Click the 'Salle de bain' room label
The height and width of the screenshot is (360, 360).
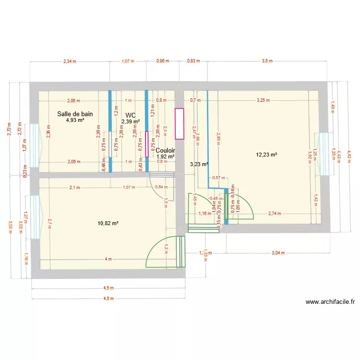click(x=75, y=114)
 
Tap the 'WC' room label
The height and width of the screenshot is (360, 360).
click(x=130, y=116)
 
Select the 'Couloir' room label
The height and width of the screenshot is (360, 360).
click(x=165, y=150)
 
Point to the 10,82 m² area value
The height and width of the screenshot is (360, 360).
click(x=108, y=223)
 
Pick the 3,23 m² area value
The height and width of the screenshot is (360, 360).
click(x=199, y=164)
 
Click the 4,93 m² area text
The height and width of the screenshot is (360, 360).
click(x=75, y=120)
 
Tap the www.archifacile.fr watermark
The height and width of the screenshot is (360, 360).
click(x=330, y=302)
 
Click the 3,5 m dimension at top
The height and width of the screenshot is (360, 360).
click(x=267, y=61)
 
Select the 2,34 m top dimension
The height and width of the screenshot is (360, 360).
click(x=70, y=61)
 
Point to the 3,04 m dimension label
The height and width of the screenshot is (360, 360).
click(x=278, y=252)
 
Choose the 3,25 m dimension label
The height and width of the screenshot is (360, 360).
click(x=263, y=100)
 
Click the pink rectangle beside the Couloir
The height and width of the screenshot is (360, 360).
click(x=180, y=124)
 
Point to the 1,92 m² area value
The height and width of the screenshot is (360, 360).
click(x=165, y=156)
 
